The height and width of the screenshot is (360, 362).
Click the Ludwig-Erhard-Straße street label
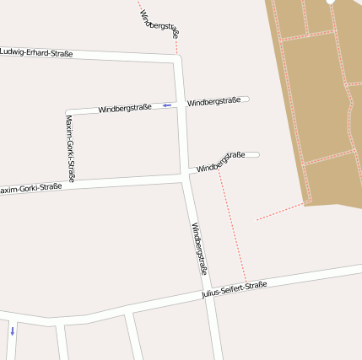pyautogui.click(x=36, y=53)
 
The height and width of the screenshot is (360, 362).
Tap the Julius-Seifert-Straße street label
pyautogui.click(x=235, y=290)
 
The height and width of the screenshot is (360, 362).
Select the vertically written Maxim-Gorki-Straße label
pyautogui.click(x=70, y=149)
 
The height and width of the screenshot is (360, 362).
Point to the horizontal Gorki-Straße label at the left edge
pyautogui.click(x=30, y=188)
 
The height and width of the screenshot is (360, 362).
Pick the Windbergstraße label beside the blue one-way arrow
pyautogui.click(x=124, y=108)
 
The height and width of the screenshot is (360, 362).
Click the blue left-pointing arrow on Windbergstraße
pyautogui.click(x=167, y=105)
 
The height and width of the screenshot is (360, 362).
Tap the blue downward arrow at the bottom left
pyautogui.click(x=12, y=330)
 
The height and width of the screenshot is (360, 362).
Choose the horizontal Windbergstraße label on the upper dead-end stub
pyautogui.click(x=214, y=102)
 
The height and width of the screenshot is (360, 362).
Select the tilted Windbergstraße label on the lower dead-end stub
pyautogui.click(x=220, y=162)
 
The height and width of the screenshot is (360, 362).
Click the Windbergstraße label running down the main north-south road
pyautogui.click(x=200, y=249)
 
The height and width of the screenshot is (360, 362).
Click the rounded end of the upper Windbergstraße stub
pyautogui.click(x=246, y=99)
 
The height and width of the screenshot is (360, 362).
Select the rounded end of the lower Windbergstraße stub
pyautogui.click(x=256, y=154)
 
